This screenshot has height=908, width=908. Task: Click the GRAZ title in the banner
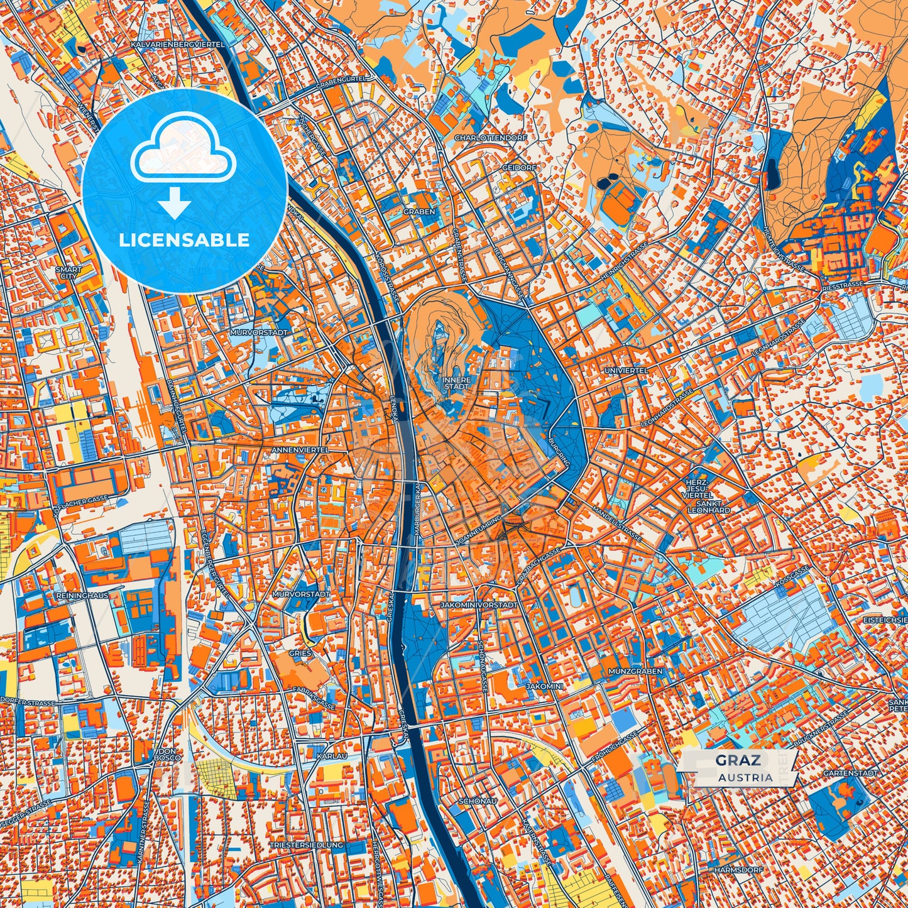pos(738,760)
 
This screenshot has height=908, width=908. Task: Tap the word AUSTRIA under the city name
pos(746,777)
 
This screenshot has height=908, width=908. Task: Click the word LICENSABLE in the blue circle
pos(185,240)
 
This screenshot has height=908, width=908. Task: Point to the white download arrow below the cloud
pos(175,204)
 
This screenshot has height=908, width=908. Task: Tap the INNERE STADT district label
pos(456,383)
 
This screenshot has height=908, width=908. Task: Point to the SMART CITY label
pos(68,273)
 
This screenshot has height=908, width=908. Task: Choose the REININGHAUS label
pos(82,595)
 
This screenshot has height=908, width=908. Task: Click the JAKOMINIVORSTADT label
pos(479,604)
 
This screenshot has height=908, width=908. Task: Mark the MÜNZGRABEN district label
pos(635,671)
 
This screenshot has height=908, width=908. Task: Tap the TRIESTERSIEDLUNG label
pos(306,845)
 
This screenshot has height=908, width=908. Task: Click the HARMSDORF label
pos(738,870)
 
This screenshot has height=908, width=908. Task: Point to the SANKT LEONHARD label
pos(709,506)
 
